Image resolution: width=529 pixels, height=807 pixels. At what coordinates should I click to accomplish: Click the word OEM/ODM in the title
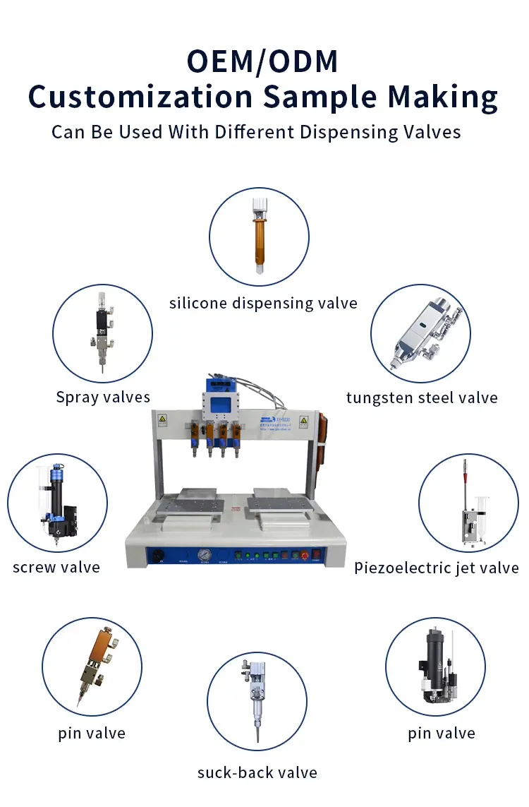(x=262, y=61)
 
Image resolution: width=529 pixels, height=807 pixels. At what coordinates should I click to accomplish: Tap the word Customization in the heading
(x=140, y=97)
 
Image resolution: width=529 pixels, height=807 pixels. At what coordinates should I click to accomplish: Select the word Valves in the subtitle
(x=432, y=132)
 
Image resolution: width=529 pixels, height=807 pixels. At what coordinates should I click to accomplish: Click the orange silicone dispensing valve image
(x=260, y=236)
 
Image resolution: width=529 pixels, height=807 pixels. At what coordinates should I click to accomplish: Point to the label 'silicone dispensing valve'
(x=263, y=303)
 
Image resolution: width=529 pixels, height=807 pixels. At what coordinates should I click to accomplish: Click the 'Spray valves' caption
(x=104, y=397)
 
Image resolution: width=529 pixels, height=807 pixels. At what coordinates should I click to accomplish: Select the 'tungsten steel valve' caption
(x=422, y=397)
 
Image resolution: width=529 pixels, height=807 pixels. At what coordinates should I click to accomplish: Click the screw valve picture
(x=58, y=503)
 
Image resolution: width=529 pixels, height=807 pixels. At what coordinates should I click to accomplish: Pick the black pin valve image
(x=439, y=665)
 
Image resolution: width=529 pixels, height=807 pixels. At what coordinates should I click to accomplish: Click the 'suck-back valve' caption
(x=257, y=772)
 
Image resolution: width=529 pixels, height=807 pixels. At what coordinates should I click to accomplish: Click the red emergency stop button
(x=304, y=556)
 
